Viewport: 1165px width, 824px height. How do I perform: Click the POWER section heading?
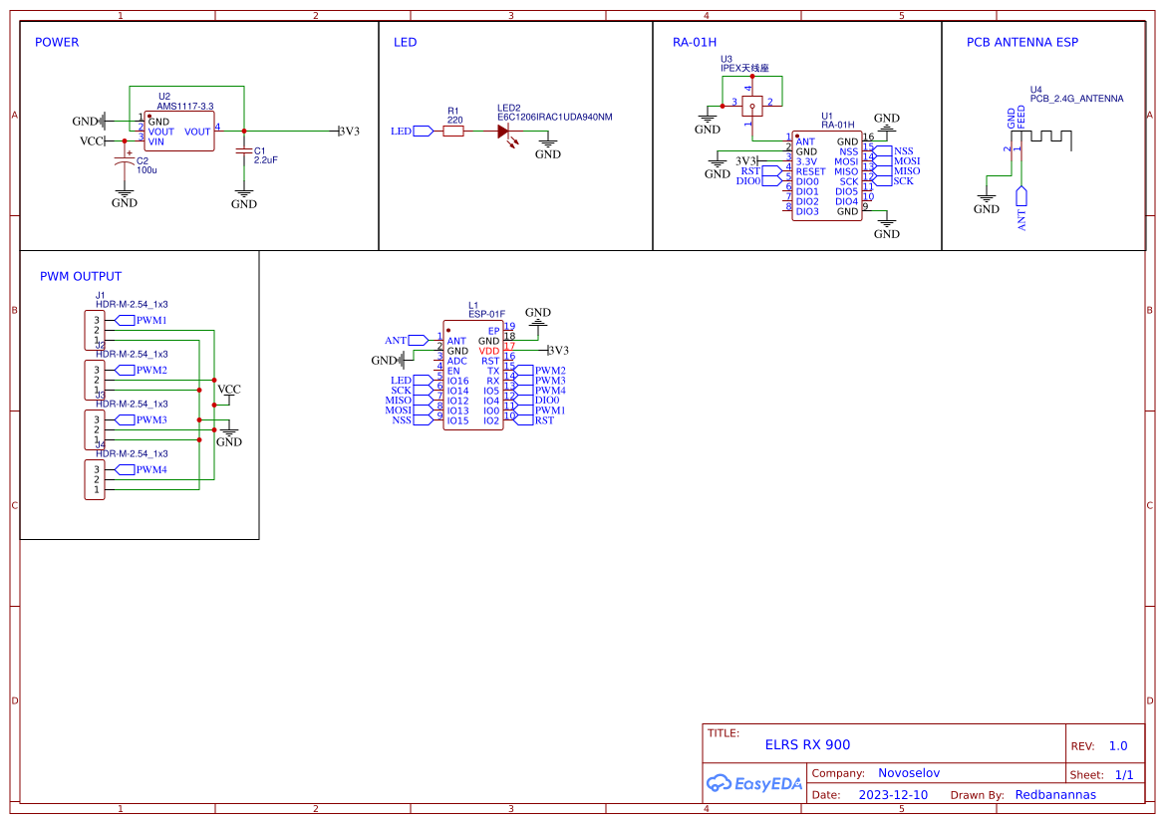[57, 43]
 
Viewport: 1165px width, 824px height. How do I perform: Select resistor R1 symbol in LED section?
[452, 131]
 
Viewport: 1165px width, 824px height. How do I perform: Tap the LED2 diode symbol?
[504, 131]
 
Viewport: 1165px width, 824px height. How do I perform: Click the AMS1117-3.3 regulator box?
[180, 131]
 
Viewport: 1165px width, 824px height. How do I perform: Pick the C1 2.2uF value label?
[265, 159]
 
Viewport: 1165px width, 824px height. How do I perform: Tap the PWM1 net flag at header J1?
[149, 320]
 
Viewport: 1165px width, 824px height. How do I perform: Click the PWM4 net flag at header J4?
[149, 469]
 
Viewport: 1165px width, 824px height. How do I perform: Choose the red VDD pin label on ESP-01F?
[488, 351]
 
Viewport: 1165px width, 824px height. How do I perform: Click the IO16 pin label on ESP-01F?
[457, 381]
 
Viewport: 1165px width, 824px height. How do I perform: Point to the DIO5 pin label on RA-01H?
[846, 191]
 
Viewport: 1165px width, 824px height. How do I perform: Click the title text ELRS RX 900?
[807, 744]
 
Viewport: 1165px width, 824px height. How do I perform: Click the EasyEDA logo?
[754, 783]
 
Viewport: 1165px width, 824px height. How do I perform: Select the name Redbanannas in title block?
[1055, 795]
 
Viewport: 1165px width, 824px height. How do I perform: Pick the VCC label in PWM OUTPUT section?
[229, 390]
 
